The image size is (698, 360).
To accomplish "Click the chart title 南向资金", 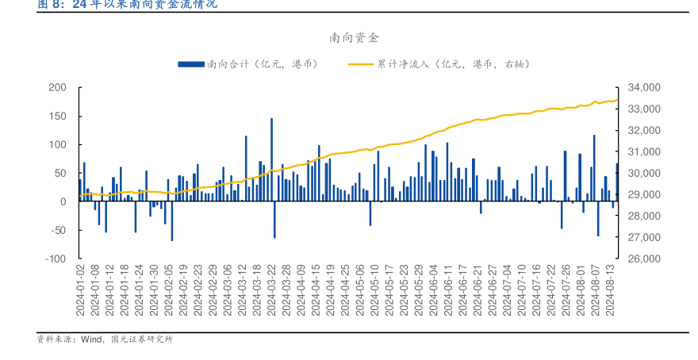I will (349, 37).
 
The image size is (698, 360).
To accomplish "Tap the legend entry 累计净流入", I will (432, 64).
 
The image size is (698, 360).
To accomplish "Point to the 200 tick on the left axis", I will (57, 87).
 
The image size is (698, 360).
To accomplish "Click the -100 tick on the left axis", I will (55, 259).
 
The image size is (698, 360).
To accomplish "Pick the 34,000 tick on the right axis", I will (643, 87).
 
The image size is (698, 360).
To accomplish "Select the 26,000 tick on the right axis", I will (643, 259).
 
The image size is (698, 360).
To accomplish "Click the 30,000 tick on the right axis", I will (643, 173).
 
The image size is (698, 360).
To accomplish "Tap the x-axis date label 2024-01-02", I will (80, 289).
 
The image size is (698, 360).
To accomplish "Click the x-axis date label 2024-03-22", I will (272, 289).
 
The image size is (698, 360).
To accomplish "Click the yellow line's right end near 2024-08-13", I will (617, 100).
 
